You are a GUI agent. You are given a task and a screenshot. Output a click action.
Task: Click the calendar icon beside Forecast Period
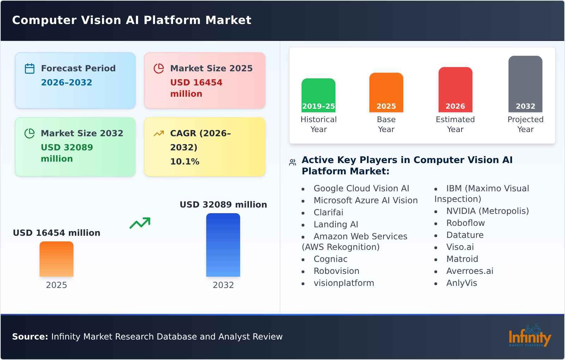point(30,68)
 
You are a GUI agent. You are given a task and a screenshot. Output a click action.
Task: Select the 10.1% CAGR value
point(185,162)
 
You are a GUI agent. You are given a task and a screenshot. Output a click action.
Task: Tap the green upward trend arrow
point(140,223)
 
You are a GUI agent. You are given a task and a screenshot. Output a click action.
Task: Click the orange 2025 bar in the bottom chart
point(56,259)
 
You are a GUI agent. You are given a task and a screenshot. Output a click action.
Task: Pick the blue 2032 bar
point(223,245)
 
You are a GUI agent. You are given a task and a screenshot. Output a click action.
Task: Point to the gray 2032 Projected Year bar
point(525,84)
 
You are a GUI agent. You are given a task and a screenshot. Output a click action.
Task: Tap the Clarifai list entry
point(328,212)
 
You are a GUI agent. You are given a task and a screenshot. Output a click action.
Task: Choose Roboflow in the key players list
point(465,223)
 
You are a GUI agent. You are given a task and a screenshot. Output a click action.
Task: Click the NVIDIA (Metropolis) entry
point(487,211)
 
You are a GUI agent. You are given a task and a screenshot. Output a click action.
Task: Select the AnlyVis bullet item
point(462,283)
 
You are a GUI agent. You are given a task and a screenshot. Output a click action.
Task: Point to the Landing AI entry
point(336,224)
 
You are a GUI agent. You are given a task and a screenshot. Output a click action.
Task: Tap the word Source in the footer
point(30,337)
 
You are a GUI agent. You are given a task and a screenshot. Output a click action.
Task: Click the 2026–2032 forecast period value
point(66,83)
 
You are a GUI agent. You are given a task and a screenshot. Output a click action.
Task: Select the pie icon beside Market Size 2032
point(30,133)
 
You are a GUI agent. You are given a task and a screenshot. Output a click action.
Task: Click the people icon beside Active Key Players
point(292,162)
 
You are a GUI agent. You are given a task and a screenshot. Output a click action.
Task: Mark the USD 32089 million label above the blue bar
point(223,205)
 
